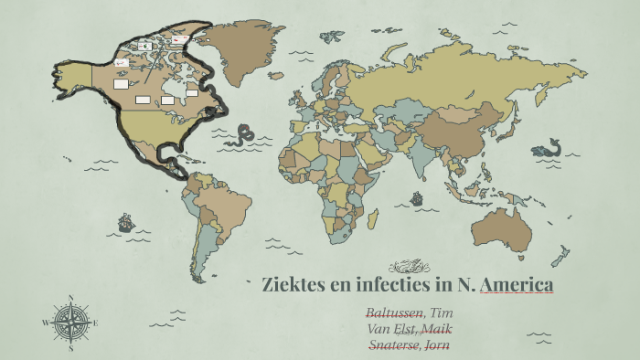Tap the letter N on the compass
point(71,297)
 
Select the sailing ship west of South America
point(125,221)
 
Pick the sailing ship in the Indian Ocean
point(417,196)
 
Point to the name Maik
point(436,329)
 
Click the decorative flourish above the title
point(409,266)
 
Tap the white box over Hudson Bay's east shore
point(192,91)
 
